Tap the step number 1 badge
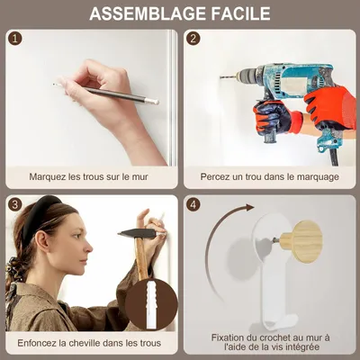[x=15, y=39]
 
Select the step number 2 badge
[x=193, y=39]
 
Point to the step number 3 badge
[x=15, y=205]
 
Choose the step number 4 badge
[x=193, y=205]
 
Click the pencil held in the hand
[x=106, y=94]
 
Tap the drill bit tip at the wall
[x=221, y=77]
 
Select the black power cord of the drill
[x=334, y=157]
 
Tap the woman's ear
[x=42, y=240]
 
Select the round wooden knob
[x=303, y=241]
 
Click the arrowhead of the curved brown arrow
[x=248, y=207]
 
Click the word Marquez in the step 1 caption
[x=48, y=177]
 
